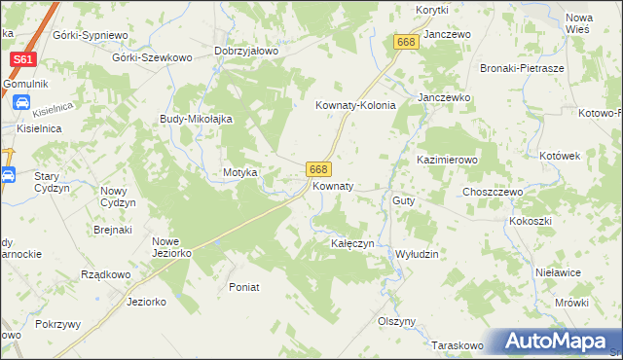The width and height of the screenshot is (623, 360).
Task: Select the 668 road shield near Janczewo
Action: (407, 42)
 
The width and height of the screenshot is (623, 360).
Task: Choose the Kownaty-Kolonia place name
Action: (355, 106)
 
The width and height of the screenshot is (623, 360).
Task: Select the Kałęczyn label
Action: (352, 243)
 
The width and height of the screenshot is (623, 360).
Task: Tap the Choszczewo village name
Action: (493, 193)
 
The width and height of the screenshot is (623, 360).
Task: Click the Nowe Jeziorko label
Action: (171, 247)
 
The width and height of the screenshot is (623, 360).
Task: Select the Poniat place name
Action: (243, 287)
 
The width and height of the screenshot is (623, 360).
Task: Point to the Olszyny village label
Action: (396, 321)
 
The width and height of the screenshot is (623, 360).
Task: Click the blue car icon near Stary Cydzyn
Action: (8, 176)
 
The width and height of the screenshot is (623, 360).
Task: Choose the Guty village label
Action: (404, 200)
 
